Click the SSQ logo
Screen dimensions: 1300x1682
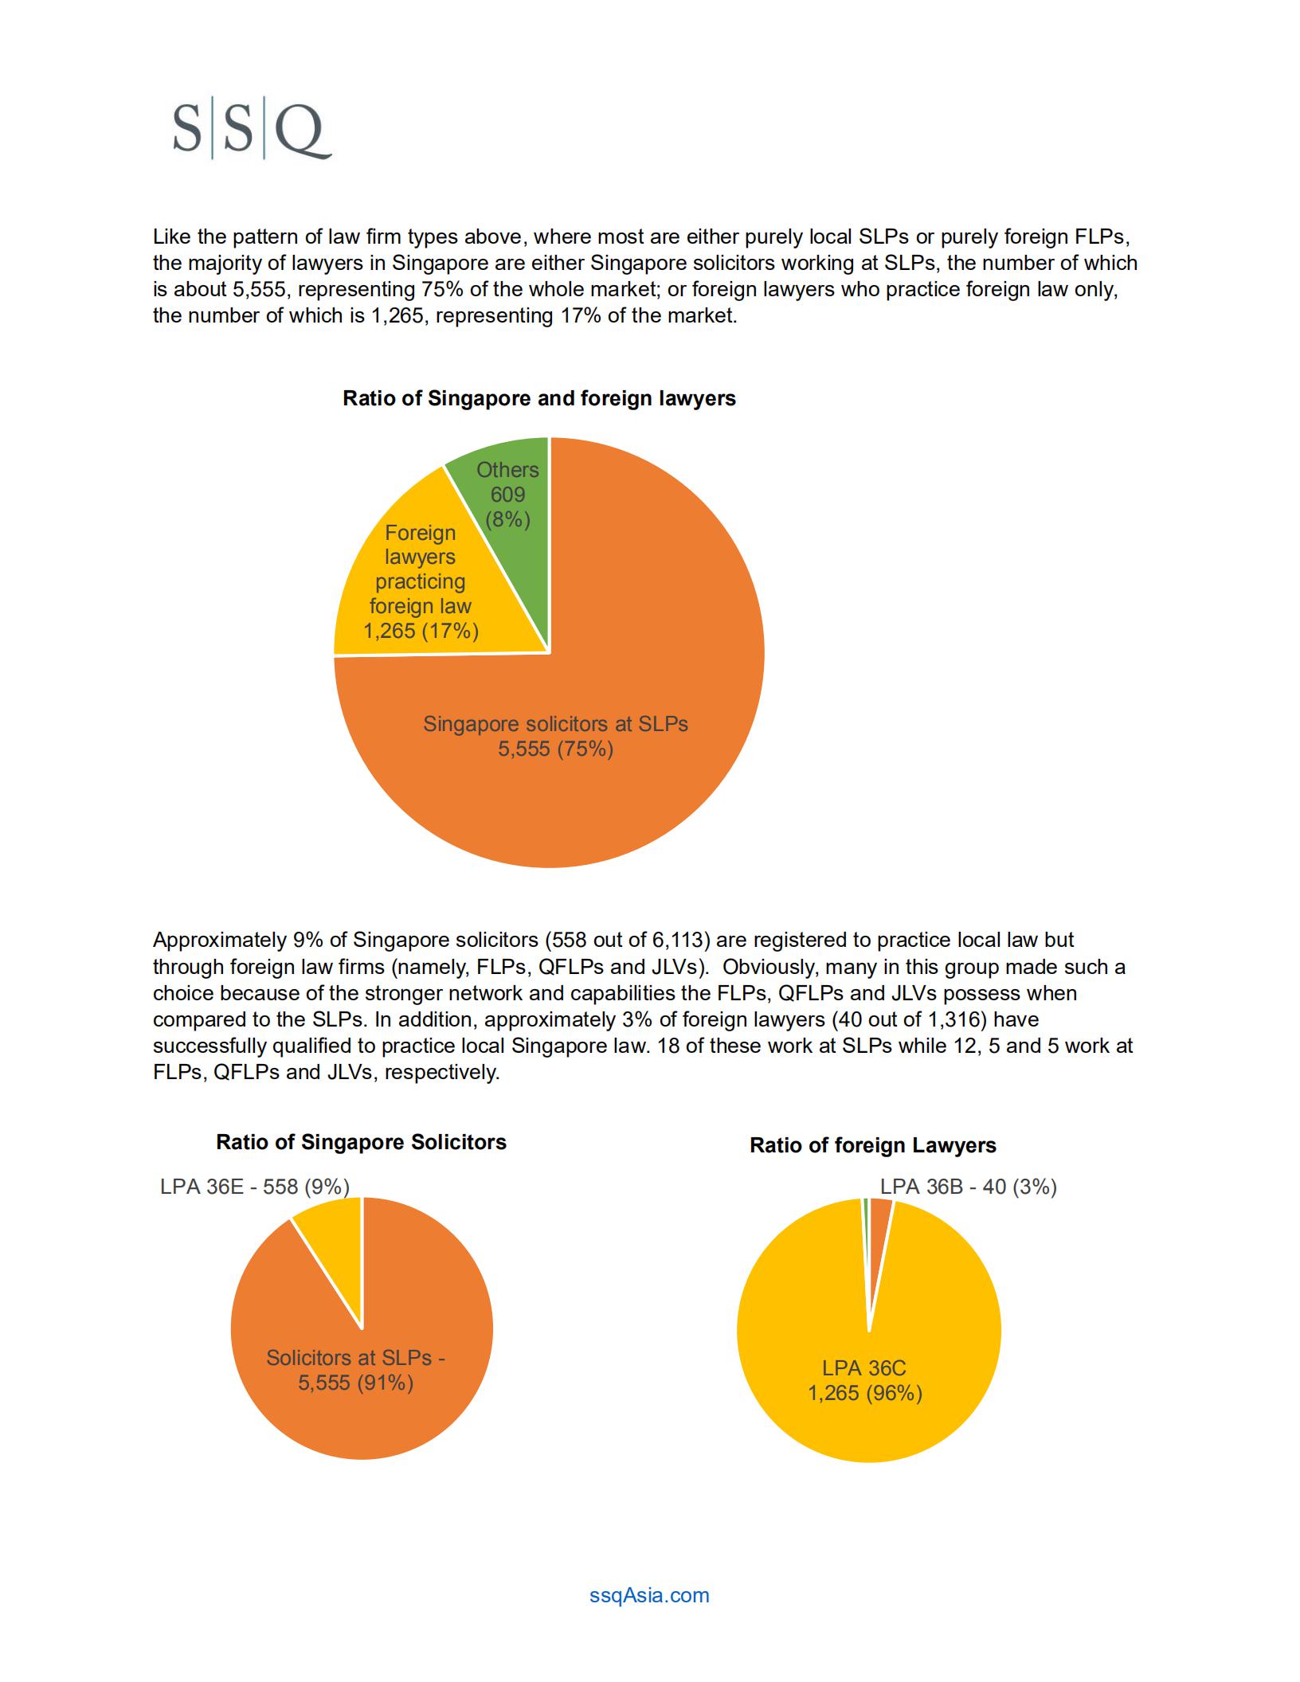pyautogui.click(x=252, y=131)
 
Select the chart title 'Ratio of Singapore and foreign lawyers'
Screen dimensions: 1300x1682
pyautogui.click(x=539, y=398)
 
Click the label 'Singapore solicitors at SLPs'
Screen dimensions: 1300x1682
pyautogui.click(x=555, y=724)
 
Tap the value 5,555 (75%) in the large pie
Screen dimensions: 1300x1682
pyautogui.click(x=555, y=749)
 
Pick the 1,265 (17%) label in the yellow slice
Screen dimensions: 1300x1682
pyautogui.click(x=421, y=631)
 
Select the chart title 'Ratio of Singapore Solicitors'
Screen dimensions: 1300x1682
pyautogui.click(x=361, y=1142)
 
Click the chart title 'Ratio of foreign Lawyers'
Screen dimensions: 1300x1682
pyautogui.click(x=873, y=1145)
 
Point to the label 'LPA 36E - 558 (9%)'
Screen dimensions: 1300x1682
pyautogui.click(x=255, y=1187)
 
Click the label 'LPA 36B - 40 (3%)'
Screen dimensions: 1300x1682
pyautogui.click(x=969, y=1187)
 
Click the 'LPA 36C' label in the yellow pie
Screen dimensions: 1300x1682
pyautogui.click(x=864, y=1368)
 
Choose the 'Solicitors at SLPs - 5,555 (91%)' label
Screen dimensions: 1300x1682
pyautogui.click(x=355, y=1370)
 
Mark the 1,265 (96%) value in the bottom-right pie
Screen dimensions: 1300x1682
pyautogui.click(x=865, y=1393)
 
